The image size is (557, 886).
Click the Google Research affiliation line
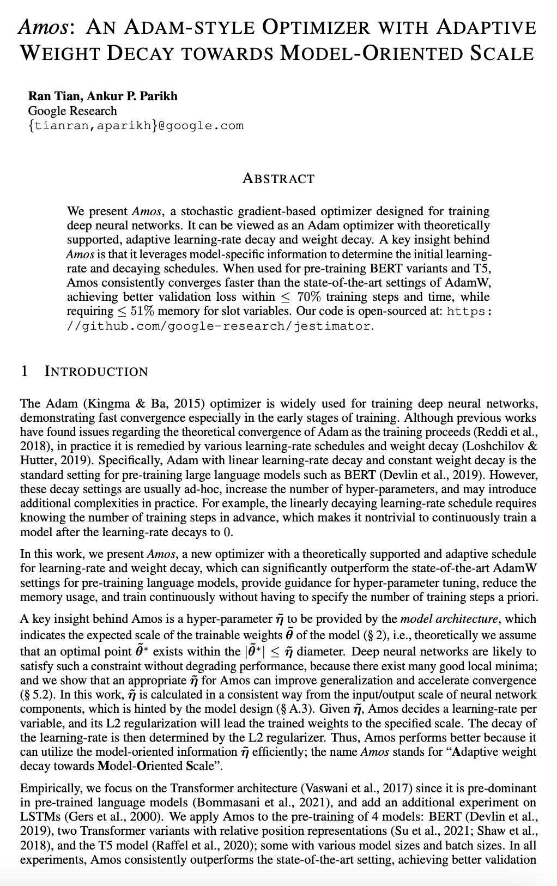[x=72, y=111]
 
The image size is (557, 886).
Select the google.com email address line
[x=136, y=126]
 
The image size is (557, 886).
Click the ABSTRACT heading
[x=278, y=179]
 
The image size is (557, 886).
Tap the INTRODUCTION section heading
[x=96, y=372]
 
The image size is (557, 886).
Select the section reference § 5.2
[x=38, y=695]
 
